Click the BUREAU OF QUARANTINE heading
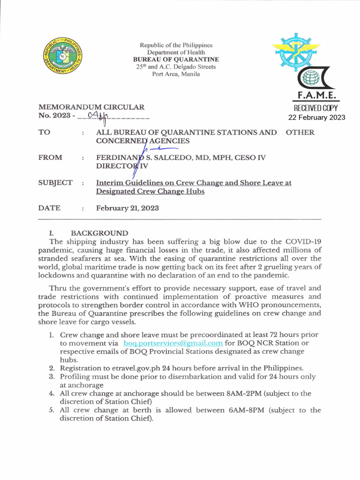point(176,60)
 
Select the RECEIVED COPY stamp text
point(316,108)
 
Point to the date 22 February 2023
point(316,117)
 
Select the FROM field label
point(50,157)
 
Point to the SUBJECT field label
point(55,183)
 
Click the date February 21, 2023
point(127,208)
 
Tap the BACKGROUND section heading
point(99,233)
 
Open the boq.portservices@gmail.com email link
point(172,343)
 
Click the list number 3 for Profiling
point(52,376)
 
